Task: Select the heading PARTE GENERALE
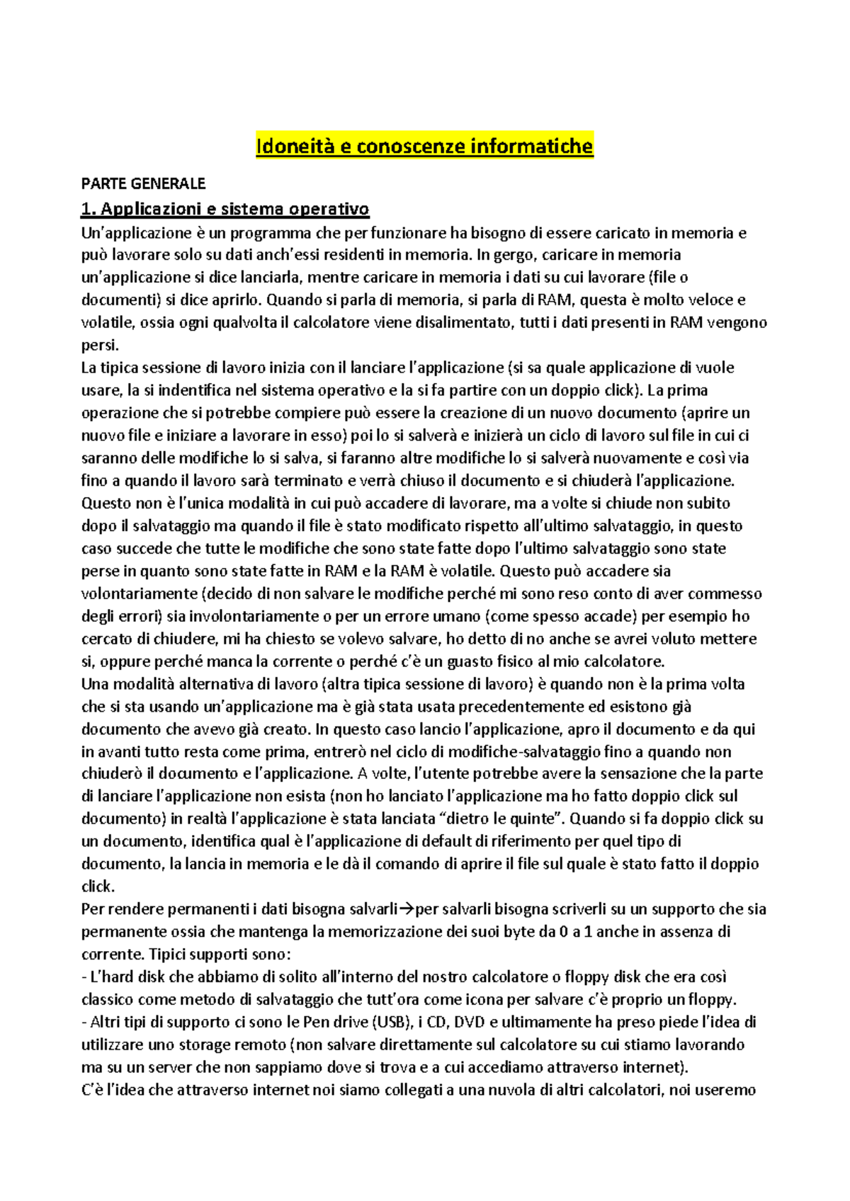143,184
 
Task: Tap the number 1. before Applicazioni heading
88,209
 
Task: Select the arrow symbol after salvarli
407,909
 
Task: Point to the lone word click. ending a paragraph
98,887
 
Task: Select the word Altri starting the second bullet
106,1022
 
